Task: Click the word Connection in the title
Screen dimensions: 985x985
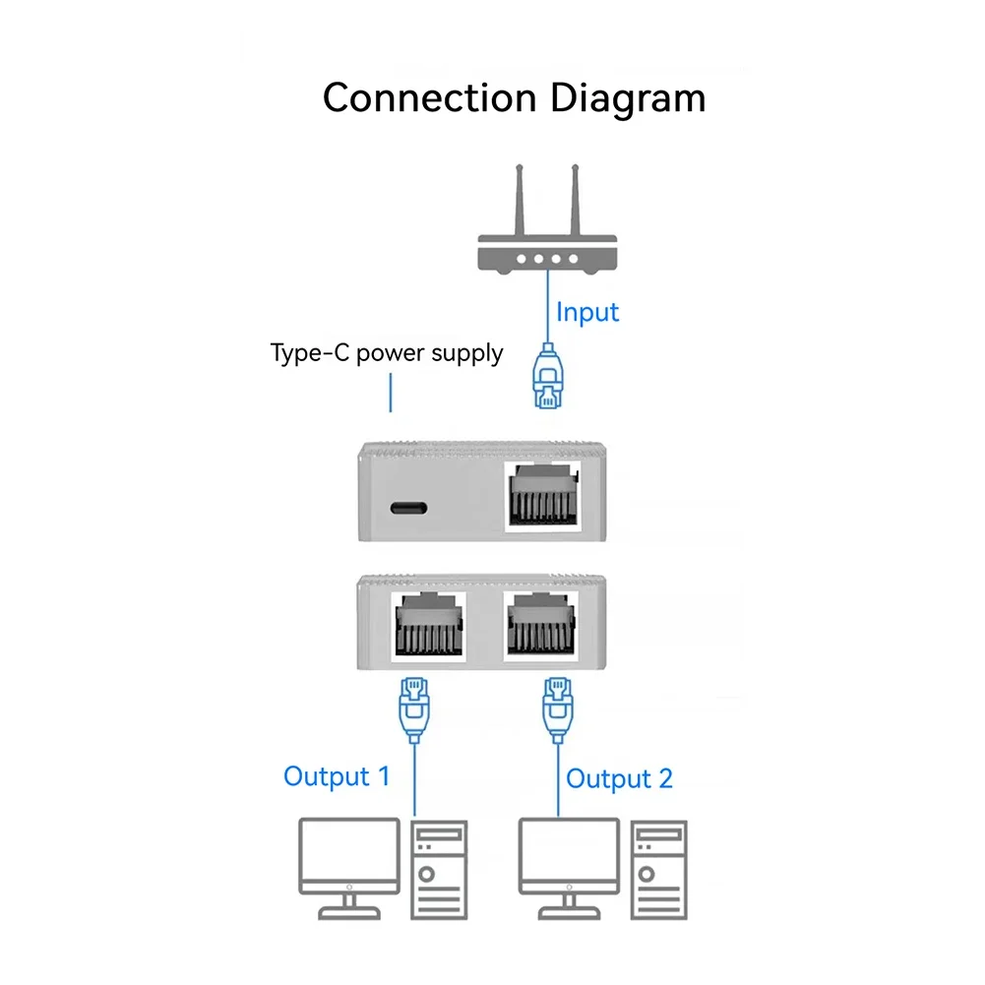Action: coord(429,99)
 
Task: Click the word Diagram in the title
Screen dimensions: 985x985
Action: coord(627,99)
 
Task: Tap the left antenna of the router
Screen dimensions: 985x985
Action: coord(521,201)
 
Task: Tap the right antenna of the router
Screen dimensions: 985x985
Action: coord(572,201)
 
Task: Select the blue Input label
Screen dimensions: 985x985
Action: coord(587,313)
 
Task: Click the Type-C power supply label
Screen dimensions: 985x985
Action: coord(387,352)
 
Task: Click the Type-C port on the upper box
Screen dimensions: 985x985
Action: coord(407,510)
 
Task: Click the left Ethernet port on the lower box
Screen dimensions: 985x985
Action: coord(428,626)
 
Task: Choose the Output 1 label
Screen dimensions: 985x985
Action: coord(337,776)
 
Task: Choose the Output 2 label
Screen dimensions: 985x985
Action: coord(619,779)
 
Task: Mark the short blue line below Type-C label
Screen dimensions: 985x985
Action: coord(391,393)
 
